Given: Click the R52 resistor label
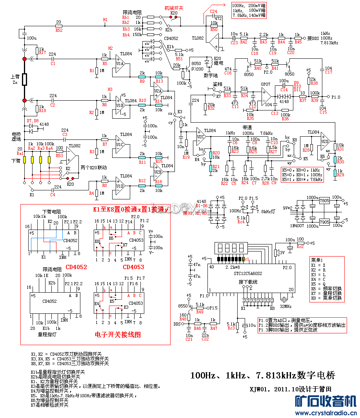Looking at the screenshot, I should [59, 30].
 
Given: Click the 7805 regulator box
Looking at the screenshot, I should [324, 201].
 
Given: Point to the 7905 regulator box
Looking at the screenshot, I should [324, 222].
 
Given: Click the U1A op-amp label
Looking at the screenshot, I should [120, 63].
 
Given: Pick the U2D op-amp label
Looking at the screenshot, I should [325, 141].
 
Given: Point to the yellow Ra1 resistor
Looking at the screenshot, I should [24, 160].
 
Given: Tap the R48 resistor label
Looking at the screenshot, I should [183, 319].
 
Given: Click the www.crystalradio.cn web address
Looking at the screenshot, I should [325, 413].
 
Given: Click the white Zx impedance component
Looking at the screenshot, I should [24, 80].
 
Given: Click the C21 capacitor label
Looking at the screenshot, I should [189, 339].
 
